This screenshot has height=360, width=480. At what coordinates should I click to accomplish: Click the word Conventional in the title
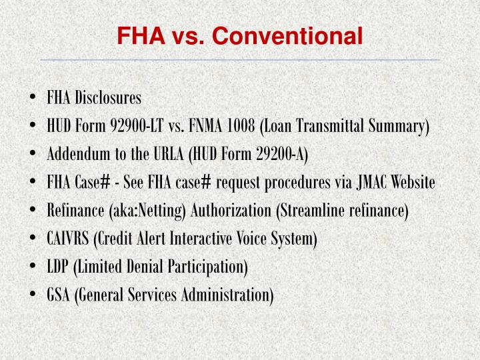(x=288, y=35)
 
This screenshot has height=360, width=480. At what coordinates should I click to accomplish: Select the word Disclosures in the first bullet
(x=108, y=99)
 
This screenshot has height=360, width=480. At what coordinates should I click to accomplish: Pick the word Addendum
(x=72, y=155)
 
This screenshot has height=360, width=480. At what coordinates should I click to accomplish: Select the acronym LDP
(x=57, y=267)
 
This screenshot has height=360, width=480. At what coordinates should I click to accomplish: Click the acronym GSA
(x=58, y=295)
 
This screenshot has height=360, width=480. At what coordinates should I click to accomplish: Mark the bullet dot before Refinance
(x=33, y=211)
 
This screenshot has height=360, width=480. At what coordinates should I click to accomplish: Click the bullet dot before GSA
(x=33, y=295)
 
